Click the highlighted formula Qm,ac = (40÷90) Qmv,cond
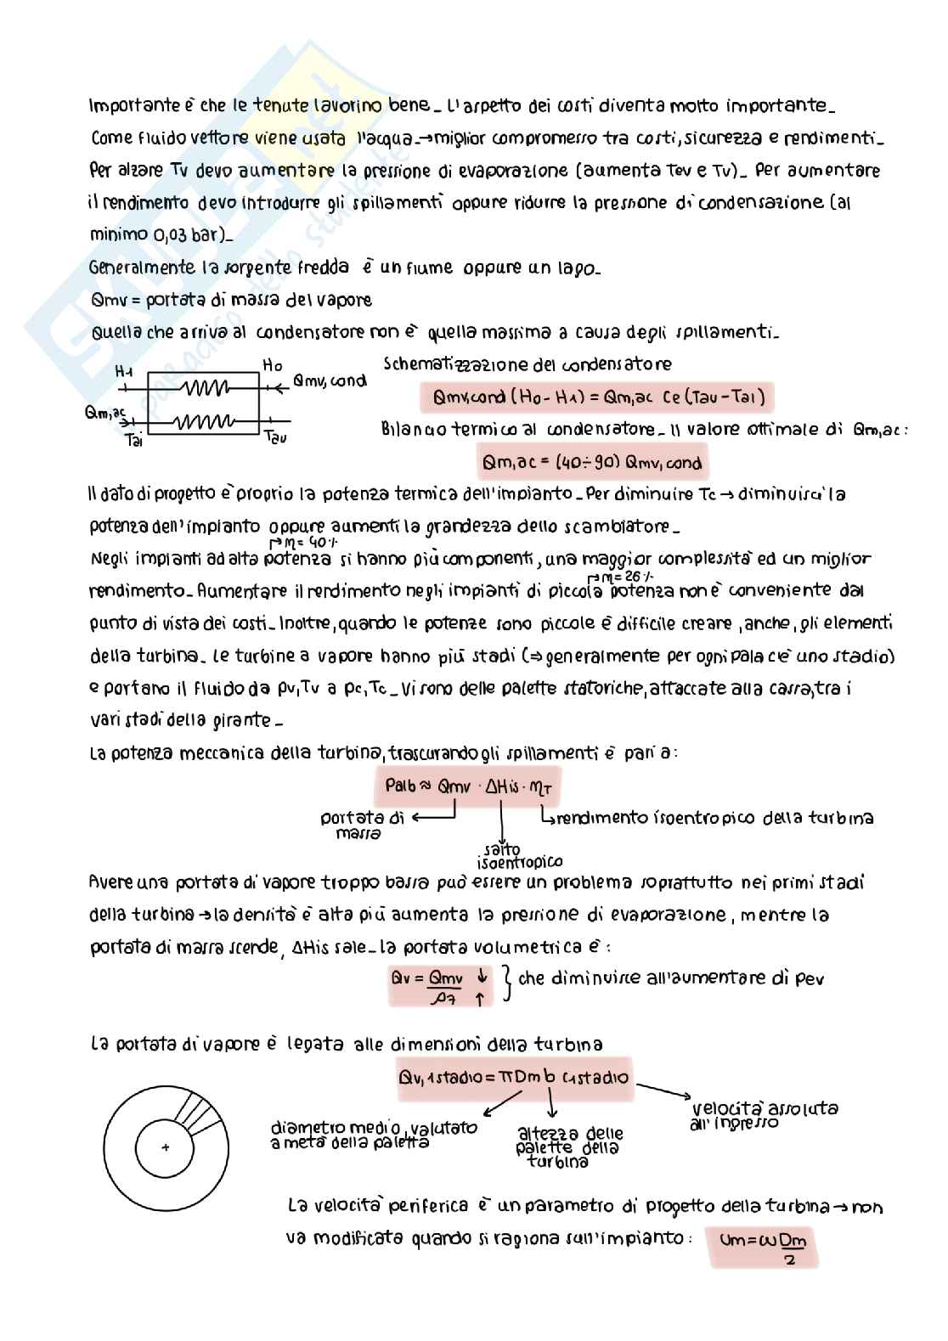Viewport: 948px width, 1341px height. (592, 463)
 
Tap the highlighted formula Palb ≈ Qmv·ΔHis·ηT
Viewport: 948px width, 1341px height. (468, 786)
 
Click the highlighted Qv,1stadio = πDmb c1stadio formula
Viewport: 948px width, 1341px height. (514, 1078)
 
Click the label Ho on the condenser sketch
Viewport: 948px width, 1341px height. (272, 365)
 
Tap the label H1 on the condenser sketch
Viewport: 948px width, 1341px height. (124, 371)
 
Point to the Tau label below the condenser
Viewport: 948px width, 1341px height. (275, 437)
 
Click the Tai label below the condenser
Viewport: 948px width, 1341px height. (133, 440)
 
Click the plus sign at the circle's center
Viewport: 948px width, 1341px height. (166, 1147)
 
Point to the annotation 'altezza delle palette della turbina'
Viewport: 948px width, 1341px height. (569, 1147)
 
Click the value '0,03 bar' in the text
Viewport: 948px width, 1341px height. (164, 235)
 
